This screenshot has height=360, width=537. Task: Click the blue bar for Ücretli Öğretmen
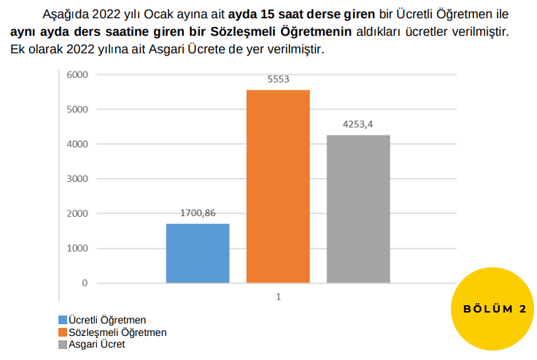click(x=198, y=253)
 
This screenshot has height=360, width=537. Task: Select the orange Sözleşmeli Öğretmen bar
click(x=278, y=186)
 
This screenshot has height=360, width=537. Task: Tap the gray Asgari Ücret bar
click(x=358, y=209)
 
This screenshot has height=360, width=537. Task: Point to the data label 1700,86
click(x=198, y=214)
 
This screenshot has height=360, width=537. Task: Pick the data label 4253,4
click(x=358, y=125)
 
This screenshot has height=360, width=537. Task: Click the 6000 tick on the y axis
click(x=77, y=74)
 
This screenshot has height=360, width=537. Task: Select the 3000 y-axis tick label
click(x=77, y=179)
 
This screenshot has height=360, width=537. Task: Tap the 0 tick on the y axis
click(x=85, y=283)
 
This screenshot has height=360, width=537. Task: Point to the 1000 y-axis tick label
click(x=77, y=248)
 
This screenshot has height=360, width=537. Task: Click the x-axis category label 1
click(x=278, y=296)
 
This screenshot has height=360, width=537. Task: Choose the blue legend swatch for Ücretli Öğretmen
click(x=62, y=320)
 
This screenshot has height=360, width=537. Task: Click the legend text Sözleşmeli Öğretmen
click(x=117, y=332)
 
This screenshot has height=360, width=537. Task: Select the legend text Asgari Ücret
click(x=96, y=344)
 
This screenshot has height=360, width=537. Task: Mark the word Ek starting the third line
click(x=18, y=50)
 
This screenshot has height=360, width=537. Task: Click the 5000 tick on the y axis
click(x=77, y=110)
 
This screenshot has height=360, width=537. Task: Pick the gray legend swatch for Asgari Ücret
click(x=62, y=344)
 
